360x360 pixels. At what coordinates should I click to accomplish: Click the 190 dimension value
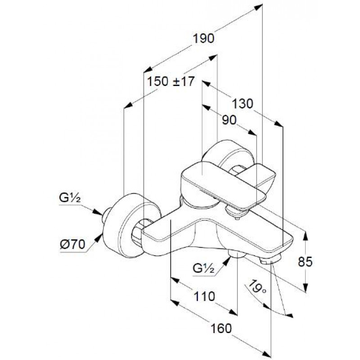[203, 38]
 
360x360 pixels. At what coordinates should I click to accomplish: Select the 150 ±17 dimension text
[171, 81]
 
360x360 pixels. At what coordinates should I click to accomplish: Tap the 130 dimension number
[243, 103]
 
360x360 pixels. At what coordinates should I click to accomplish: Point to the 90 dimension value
[229, 120]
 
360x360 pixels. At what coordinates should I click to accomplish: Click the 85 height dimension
[305, 261]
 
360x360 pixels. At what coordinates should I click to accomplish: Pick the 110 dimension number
[204, 296]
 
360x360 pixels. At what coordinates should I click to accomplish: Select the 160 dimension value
[221, 328]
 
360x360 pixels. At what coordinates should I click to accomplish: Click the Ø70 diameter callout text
[72, 244]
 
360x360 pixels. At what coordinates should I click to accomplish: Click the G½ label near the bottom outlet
[203, 268]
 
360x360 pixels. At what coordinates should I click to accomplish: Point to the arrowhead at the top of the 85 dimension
[306, 236]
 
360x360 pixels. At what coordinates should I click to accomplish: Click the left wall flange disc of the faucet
[131, 225]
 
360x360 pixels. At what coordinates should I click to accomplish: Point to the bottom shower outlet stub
[237, 253]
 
